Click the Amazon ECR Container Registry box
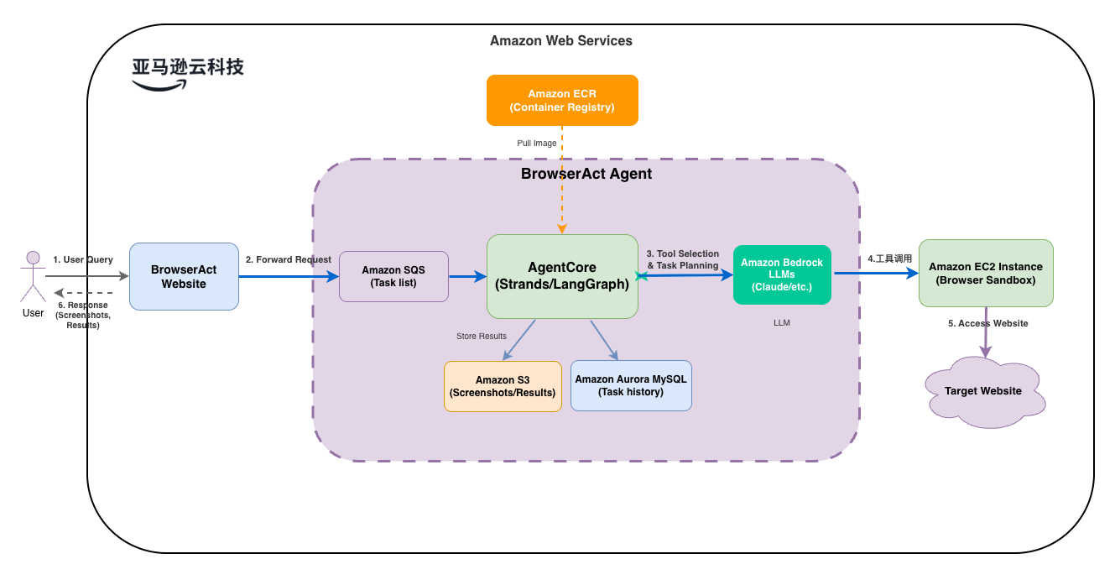pos(562,100)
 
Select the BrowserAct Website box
pos(184,276)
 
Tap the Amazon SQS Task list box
pos(393,276)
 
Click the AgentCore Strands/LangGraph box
pos(562,276)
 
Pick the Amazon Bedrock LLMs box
pos(782,274)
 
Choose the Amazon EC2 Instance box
pos(986,273)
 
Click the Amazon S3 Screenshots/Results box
pos(503,386)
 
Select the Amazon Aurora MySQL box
pos(631,385)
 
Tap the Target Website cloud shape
pos(983,391)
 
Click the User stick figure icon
pos(34,277)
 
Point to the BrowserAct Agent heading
pos(586,175)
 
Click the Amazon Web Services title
pos(561,40)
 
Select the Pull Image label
pos(537,144)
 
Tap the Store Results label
pos(481,337)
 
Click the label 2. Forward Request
pos(289,259)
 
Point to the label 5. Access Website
pos(987,323)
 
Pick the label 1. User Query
pos(83,259)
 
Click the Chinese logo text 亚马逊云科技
pos(188,67)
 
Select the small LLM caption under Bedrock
pos(782,322)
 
